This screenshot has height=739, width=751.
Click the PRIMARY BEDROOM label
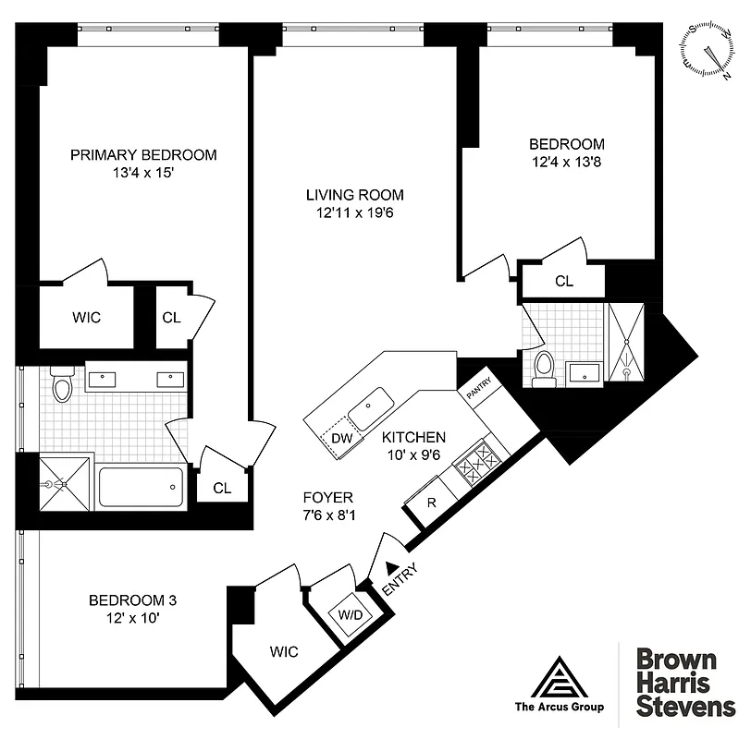tap(143, 154)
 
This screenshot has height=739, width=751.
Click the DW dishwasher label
tap(341, 438)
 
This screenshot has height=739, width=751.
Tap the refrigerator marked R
tap(431, 503)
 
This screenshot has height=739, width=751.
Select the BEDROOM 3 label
tap(132, 600)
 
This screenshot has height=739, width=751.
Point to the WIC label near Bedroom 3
tap(284, 652)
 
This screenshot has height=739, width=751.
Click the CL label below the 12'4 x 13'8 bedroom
tap(563, 282)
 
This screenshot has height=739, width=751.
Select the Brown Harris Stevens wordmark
tap(676, 683)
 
